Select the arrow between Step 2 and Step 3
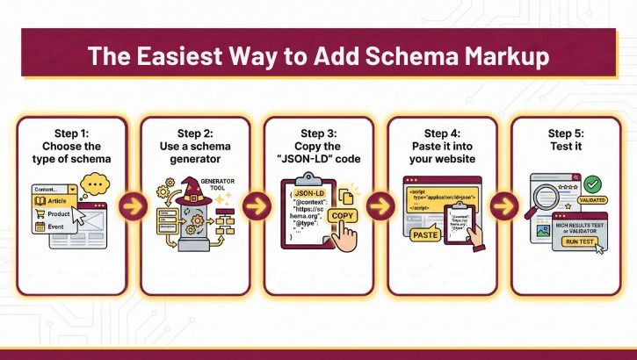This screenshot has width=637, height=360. pos(256,207)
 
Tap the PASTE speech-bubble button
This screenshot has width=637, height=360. pos(425,234)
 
